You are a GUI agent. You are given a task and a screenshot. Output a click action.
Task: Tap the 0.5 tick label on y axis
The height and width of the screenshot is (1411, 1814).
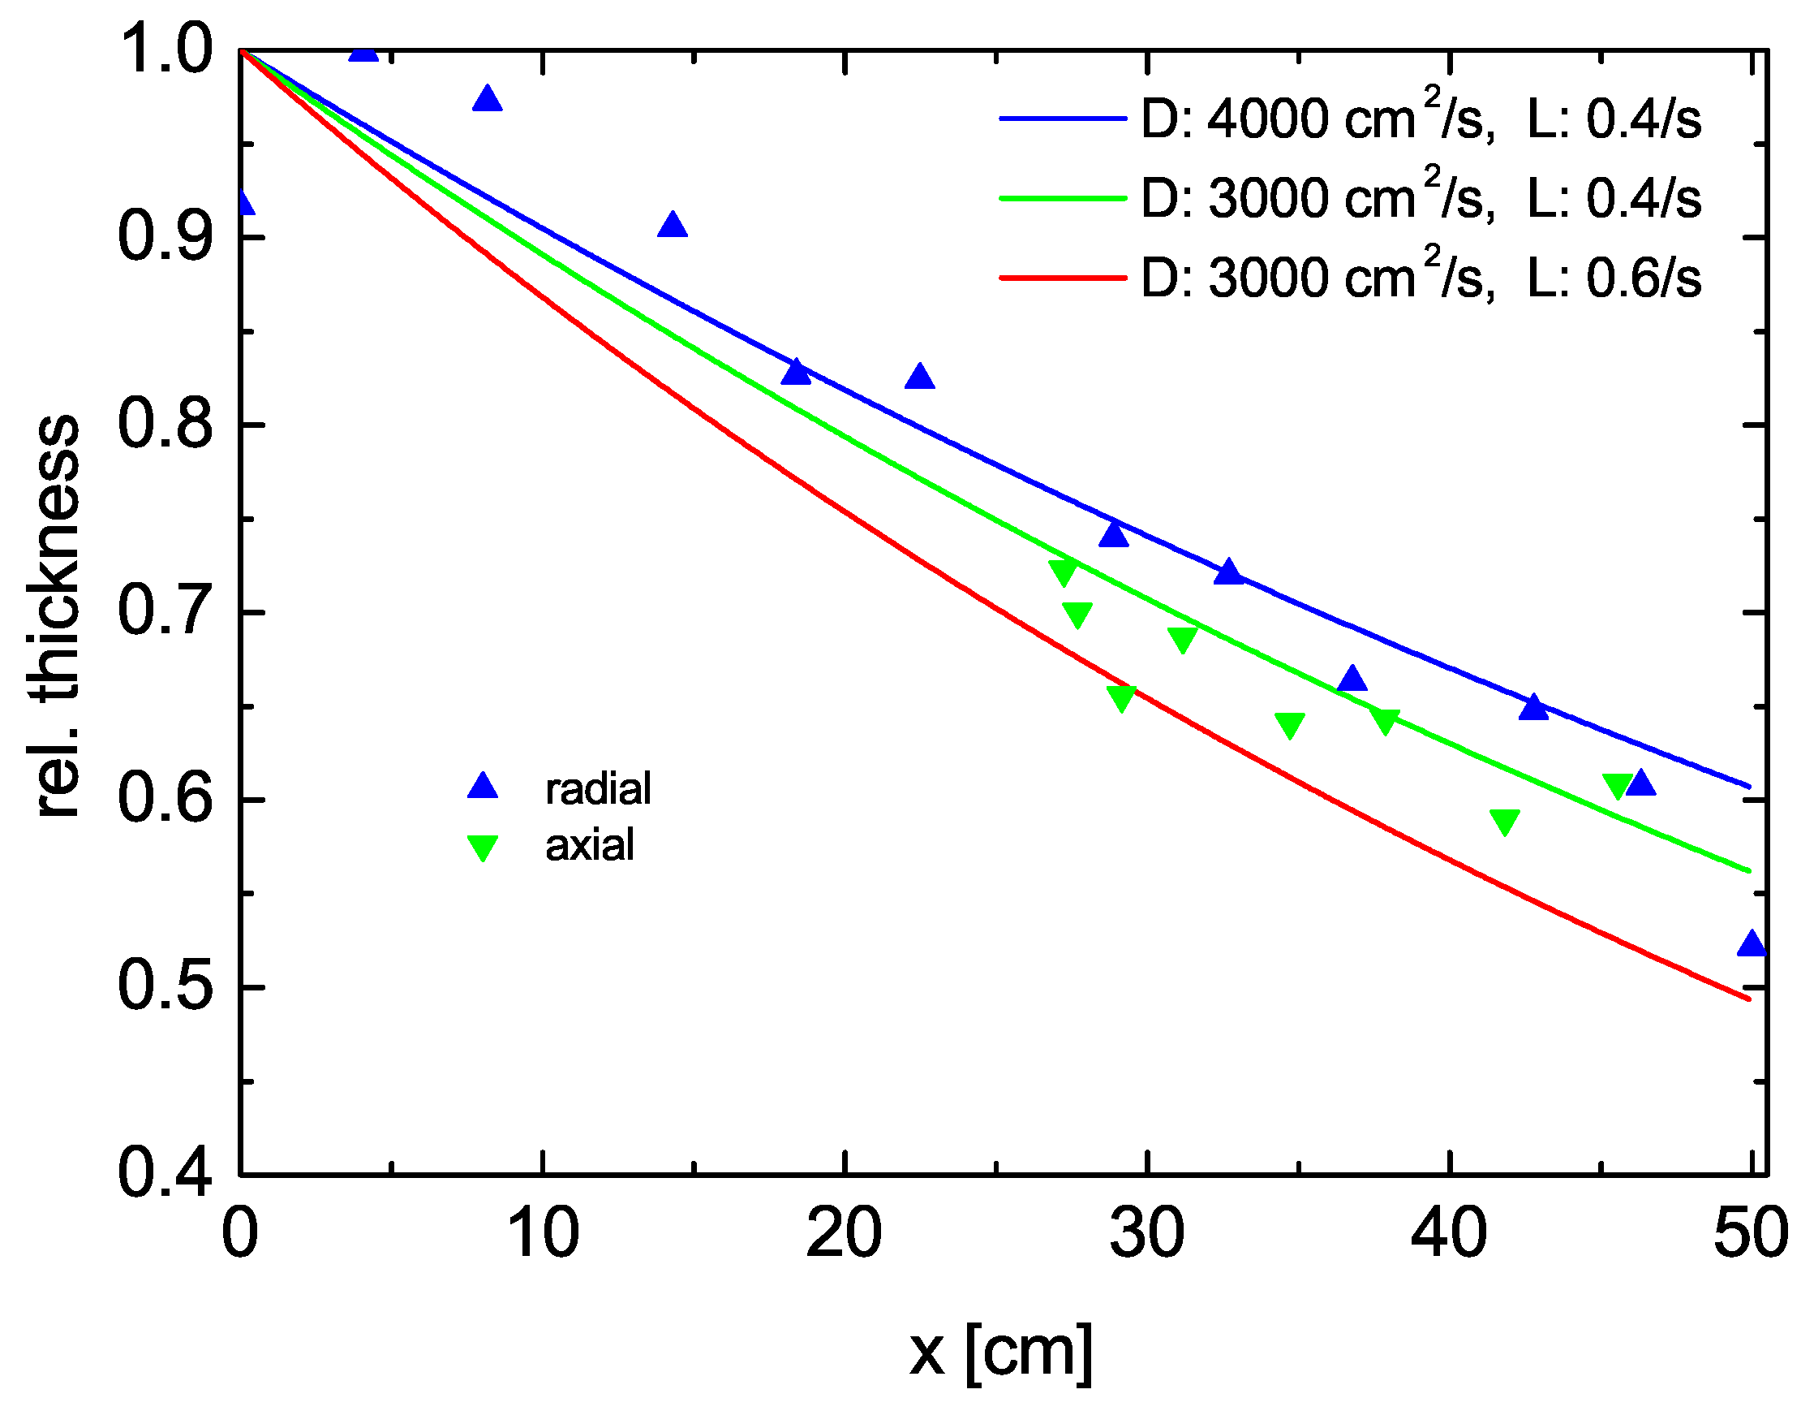tap(165, 986)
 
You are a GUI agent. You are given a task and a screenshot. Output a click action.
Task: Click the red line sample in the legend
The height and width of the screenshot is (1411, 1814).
tap(1062, 278)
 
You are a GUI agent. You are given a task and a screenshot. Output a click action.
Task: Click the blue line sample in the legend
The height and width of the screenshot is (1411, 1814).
tap(1062, 119)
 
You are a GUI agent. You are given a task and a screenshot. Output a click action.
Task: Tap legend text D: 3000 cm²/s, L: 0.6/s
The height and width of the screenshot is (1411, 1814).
tap(1421, 276)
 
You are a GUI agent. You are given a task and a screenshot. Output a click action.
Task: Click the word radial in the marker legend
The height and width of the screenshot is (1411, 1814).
tap(597, 788)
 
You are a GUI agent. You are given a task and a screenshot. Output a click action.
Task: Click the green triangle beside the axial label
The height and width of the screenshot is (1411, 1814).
tap(483, 848)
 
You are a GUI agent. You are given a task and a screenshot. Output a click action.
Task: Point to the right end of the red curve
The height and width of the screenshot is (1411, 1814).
tap(1748, 999)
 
